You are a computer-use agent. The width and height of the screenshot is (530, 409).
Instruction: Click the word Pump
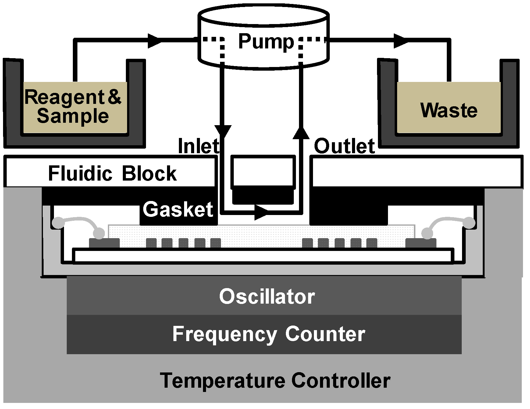click(266, 42)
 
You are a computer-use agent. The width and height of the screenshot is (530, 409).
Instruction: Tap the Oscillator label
click(267, 296)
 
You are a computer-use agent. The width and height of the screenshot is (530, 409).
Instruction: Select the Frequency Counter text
click(269, 334)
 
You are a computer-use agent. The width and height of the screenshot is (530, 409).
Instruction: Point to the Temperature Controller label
click(275, 380)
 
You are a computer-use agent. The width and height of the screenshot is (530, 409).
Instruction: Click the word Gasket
click(178, 210)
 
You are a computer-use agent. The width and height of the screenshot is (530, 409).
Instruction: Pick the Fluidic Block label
click(112, 173)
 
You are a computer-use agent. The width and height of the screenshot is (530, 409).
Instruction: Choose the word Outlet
click(344, 146)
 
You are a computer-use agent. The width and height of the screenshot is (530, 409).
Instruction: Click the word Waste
click(449, 110)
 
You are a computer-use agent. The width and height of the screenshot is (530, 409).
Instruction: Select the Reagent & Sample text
click(73, 106)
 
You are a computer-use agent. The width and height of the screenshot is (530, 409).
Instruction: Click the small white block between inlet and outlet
click(263, 171)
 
